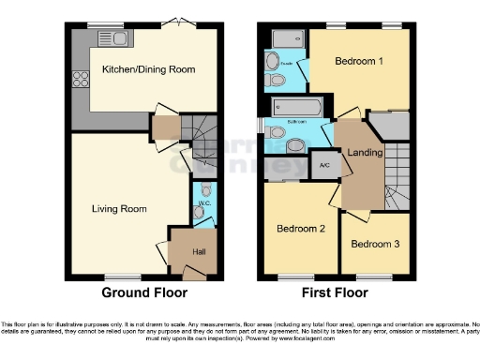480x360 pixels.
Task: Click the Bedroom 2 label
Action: click(x=299, y=228)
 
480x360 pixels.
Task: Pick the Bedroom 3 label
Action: click(x=373, y=245)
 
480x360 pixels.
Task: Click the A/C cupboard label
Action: click(x=323, y=165)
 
